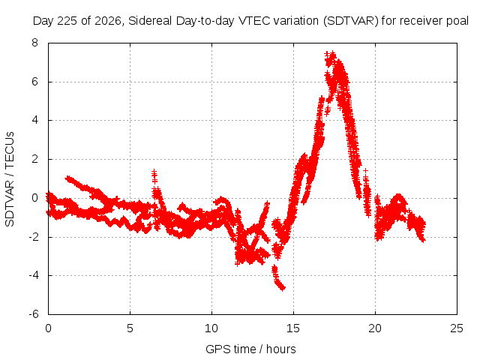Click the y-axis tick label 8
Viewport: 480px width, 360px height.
(x=34, y=43)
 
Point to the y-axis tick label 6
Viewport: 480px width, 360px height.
(x=34, y=82)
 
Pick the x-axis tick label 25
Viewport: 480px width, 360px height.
(x=457, y=328)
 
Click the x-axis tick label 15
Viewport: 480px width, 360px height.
(x=293, y=328)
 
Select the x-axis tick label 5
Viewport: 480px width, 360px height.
(x=130, y=328)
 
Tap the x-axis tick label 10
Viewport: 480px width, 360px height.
(x=211, y=328)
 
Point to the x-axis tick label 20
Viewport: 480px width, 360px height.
(x=375, y=328)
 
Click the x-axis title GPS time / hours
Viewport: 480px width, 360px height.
(x=250, y=349)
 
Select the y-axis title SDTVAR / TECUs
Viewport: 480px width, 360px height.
(x=10, y=179)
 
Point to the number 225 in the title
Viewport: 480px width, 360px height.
(x=68, y=21)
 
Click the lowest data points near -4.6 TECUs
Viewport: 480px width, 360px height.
(x=282, y=288)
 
